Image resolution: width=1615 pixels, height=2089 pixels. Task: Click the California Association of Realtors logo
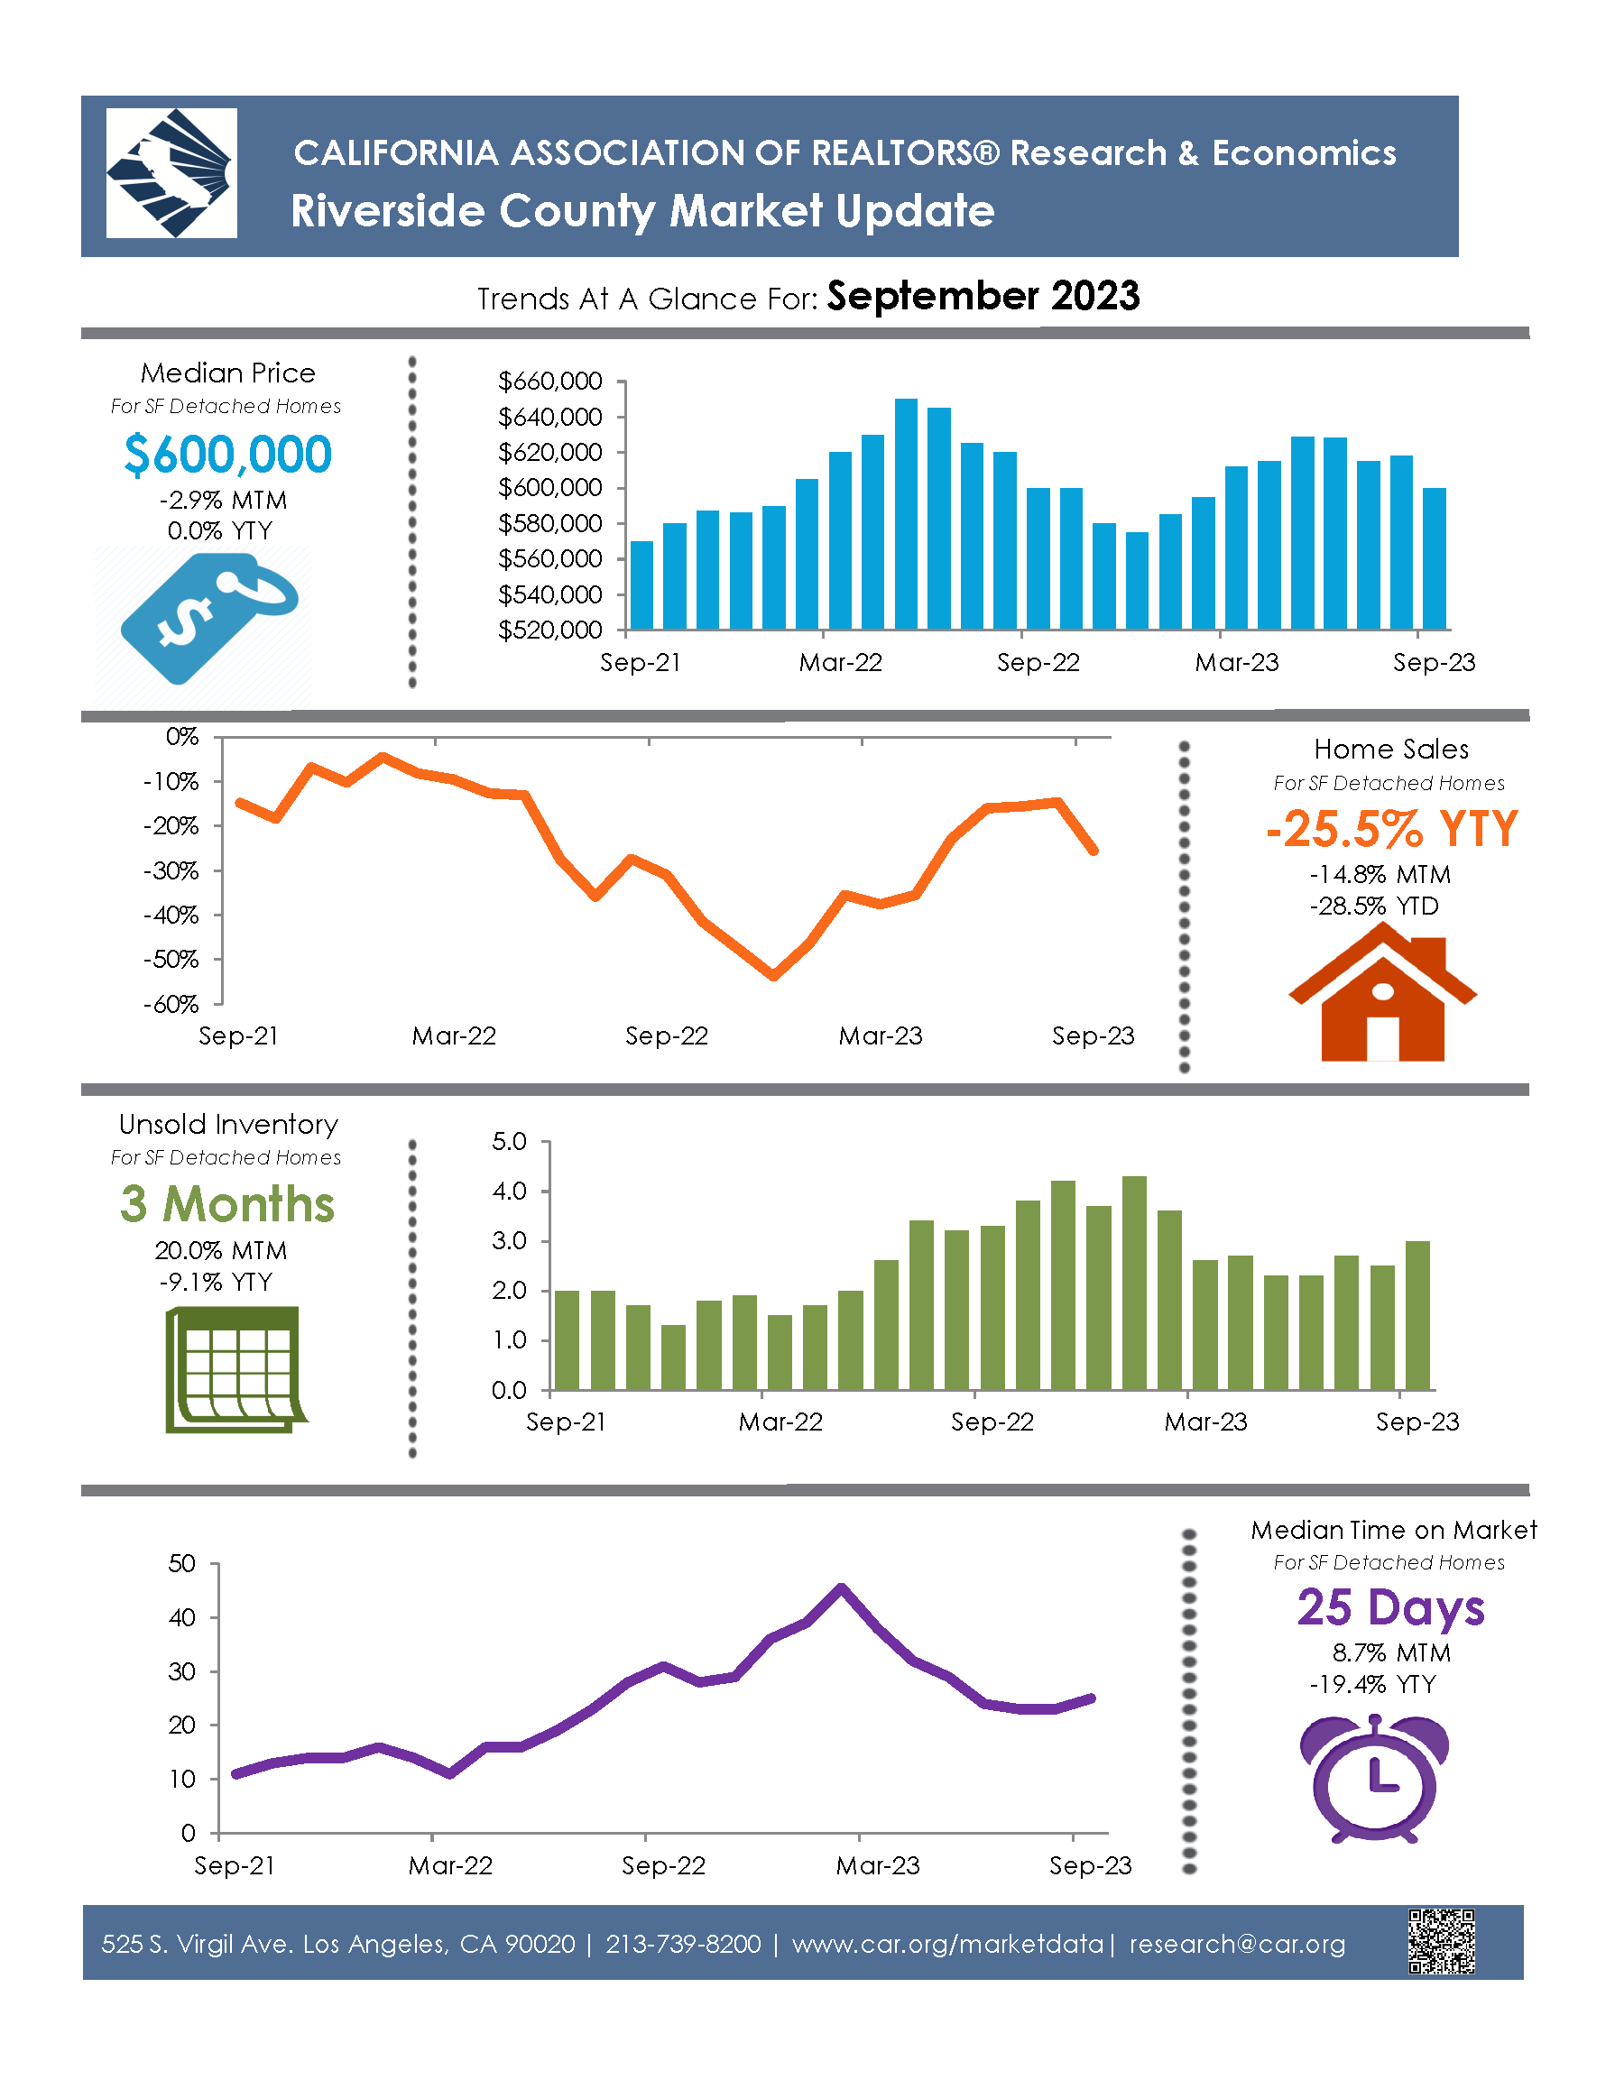[x=171, y=173]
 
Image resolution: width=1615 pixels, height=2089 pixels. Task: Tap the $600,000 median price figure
[x=227, y=455]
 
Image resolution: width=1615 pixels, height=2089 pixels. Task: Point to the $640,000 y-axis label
[x=550, y=417]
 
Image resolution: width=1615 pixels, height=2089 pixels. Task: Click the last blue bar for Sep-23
[x=1434, y=558]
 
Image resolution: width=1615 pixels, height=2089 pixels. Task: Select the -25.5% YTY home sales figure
[x=1390, y=828]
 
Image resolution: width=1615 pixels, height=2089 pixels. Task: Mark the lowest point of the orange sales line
[x=774, y=976]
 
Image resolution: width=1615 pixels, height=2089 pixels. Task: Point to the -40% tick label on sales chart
[x=171, y=916]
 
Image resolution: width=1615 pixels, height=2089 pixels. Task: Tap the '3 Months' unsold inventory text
[x=227, y=1204]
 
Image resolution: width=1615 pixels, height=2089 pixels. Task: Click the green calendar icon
[x=235, y=1370]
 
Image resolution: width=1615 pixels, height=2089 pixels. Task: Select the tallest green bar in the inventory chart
[x=1134, y=1283]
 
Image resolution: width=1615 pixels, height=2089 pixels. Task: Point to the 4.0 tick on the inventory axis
[x=509, y=1191]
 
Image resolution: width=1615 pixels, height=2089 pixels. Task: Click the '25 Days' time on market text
[x=1390, y=1608]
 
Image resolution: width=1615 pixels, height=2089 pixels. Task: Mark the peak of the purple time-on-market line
[x=841, y=1587]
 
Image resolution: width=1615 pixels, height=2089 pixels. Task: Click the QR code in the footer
[x=1441, y=1941]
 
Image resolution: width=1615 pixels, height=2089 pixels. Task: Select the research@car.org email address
[x=1237, y=1945]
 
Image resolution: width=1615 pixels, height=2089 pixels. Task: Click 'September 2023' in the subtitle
[x=983, y=297]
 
